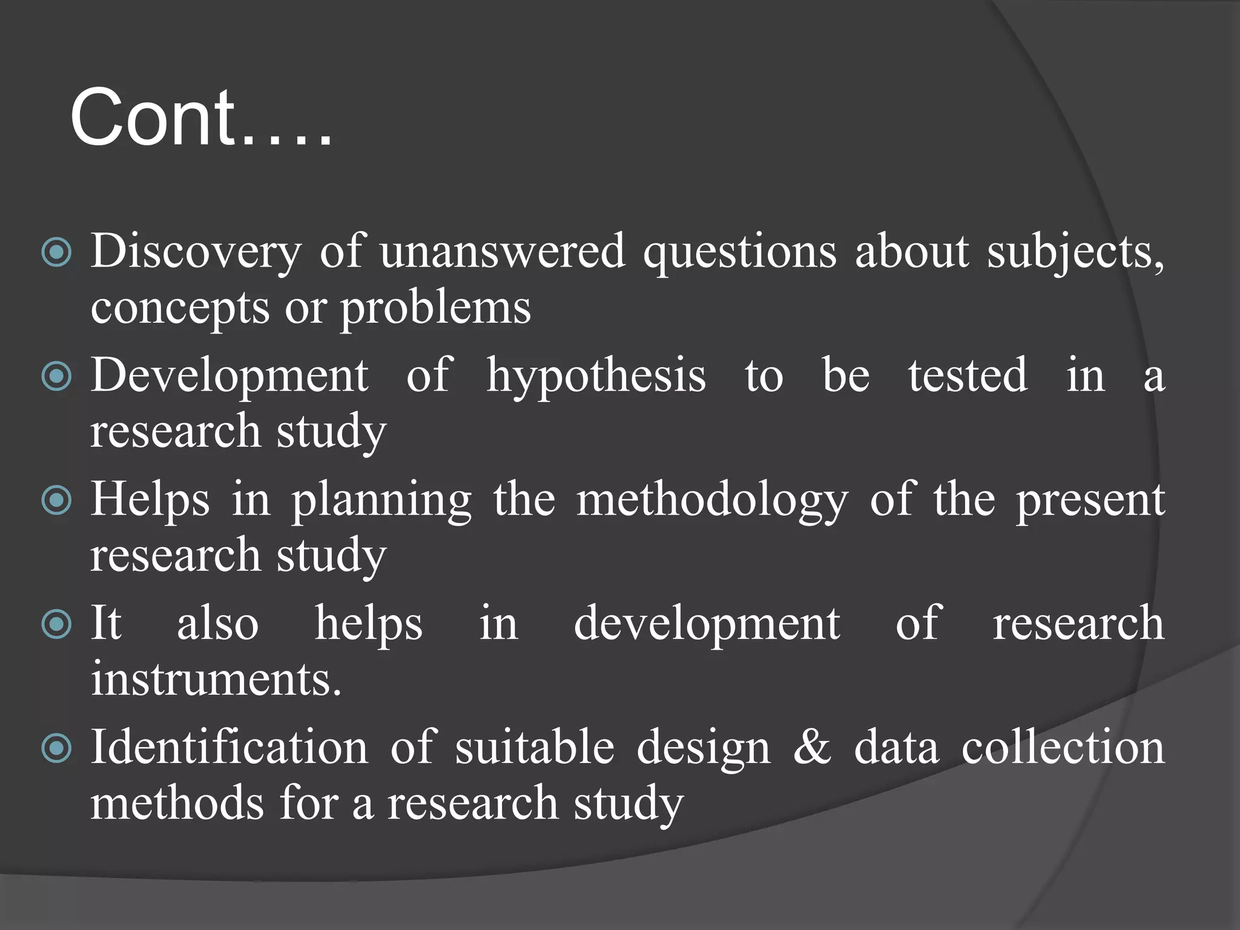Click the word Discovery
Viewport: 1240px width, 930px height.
pyautogui.click(x=196, y=251)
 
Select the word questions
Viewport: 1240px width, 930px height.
pyautogui.click(x=739, y=251)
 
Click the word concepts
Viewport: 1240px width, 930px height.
pyautogui.click(x=180, y=308)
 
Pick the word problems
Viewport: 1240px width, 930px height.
pyautogui.click(x=435, y=308)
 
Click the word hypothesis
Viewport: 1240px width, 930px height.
pyautogui.click(x=596, y=376)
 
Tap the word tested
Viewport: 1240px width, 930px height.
pyautogui.click(x=968, y=375)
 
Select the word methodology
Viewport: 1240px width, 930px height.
pyautogui.click(x=712, y=501)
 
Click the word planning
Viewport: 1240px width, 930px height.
pyautogui.click(x=381, y=501)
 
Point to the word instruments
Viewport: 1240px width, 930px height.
pyautogui.click(x=216, y=679)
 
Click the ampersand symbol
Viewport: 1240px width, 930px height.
pyautogui.click(x=813, y=747)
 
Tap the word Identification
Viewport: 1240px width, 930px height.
pyautogui.click(x=229, y=747)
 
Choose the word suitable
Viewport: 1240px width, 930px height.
pyautogui.click(x=535, y=747)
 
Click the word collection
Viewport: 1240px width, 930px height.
pyautogui.click(x=1063, y=747)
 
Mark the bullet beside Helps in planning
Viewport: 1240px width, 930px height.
pyautogui.click(x=57, y=501)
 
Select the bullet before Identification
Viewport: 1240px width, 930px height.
pyautogui.click(x=57, y=749)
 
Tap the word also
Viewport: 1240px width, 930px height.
pyautogui.click(x=218, y=623)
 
